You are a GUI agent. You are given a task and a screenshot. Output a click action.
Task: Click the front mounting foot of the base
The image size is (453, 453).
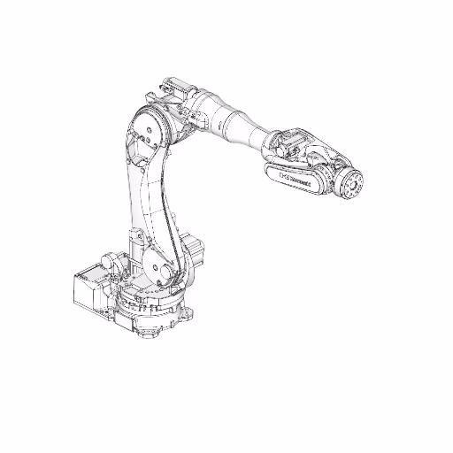point(144,333)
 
